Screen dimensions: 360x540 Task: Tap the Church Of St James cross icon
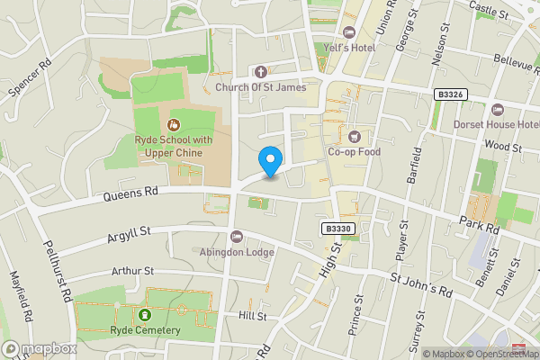click(261, 72)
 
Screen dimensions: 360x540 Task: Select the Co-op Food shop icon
click(354, 137)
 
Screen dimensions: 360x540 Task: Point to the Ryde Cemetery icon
click(145, 315)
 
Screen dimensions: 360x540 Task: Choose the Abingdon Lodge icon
click(236, 237)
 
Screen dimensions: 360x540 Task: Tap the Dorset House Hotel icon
click(498, 110)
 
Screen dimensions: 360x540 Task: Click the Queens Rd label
click(130, 192)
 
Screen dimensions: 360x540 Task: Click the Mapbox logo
click(39, 349)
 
